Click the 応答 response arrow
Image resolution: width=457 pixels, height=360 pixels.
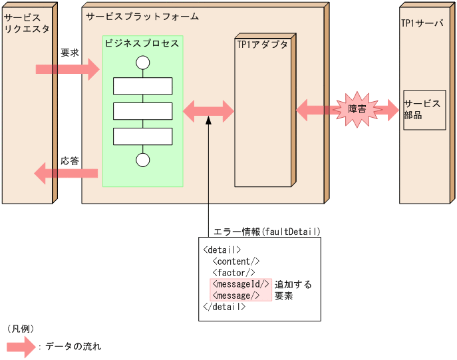[67, 174]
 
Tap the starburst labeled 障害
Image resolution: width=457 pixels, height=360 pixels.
[357, 109]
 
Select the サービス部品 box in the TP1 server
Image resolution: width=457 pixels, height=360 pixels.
[424, 110]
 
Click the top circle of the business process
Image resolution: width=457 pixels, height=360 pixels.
[142, 63]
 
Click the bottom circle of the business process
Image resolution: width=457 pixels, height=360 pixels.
[142, 160]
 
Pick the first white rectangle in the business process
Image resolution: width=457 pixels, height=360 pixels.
[142, 86]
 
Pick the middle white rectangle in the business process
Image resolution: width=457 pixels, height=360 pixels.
[142, 111]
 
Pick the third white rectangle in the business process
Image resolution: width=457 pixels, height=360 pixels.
[142, 136]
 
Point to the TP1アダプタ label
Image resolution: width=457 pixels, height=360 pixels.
[262, 45]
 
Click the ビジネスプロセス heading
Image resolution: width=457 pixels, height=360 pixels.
[142, 43]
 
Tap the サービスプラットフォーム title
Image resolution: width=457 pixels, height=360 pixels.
[142, 16]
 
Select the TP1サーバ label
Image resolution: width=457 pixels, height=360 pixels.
[422, 23]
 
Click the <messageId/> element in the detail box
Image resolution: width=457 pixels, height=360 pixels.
[241, 284]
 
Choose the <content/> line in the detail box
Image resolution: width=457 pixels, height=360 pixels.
[236, 262]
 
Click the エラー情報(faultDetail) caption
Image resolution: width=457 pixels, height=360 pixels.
[267, 232]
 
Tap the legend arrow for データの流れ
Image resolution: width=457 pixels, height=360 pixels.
[21, 347]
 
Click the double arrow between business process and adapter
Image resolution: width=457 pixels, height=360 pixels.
[208, 110]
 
